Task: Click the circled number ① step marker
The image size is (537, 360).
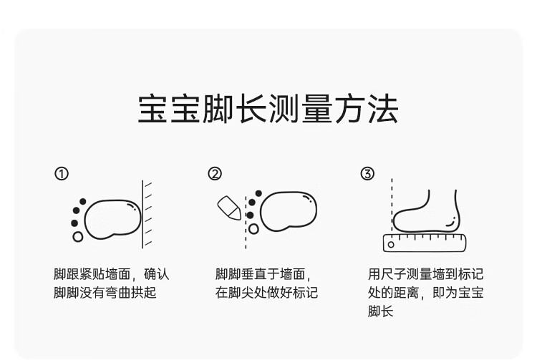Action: (62, 173)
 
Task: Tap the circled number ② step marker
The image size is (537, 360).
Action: (215, 173)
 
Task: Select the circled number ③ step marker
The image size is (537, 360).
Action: (367, 173)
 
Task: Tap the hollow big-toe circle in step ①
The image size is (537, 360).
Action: (78, 236)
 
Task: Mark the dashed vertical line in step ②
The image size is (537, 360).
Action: (246, 215)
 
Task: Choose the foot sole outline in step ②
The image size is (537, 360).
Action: (288, 212)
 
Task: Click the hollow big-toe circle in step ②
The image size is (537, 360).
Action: (254, 229)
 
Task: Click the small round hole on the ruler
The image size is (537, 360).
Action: (391, 244)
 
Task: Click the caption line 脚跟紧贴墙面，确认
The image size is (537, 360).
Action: (112, 274)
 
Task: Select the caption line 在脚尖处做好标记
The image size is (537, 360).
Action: (266, 293)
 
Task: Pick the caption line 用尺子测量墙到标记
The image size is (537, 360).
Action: (425, 274)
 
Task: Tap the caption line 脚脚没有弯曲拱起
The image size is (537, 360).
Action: (105, 293)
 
